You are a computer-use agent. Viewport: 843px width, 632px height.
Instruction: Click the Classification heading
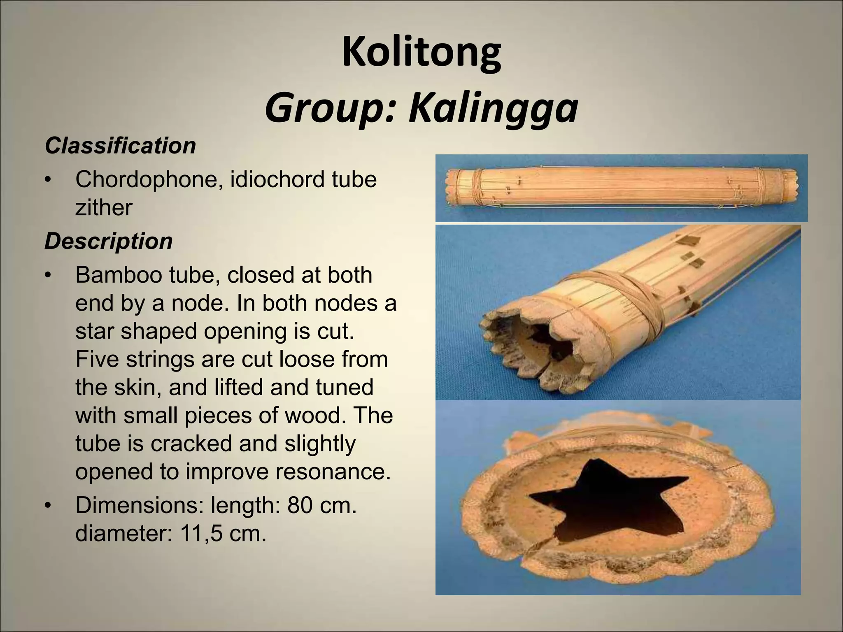[120, 146]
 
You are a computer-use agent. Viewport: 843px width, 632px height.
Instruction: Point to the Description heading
[108, 241]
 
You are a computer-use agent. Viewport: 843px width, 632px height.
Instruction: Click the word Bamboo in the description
[121, 275]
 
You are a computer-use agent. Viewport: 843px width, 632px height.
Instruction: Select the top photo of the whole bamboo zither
[622, 188]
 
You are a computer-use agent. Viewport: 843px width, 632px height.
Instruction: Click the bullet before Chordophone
[49, 180]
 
